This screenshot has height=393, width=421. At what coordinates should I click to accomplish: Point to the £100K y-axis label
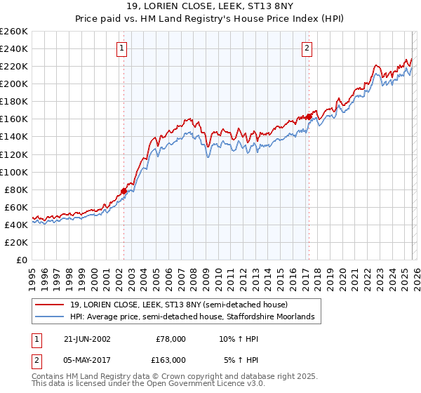[x=14, y=172]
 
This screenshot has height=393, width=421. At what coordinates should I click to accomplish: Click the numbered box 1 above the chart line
[x=123, y=48]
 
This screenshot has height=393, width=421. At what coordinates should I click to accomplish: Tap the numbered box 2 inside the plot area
[x=307, y=48]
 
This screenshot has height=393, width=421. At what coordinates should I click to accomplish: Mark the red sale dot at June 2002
[x=123, y=191]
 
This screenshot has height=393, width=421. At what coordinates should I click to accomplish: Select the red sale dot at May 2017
[x=308, y=116]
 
